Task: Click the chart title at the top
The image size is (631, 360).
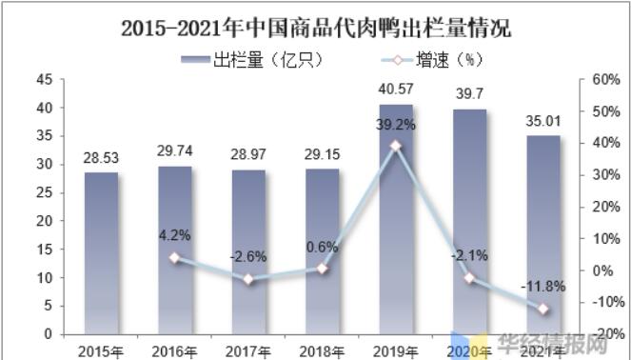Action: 316,28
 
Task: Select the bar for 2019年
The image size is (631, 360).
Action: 396,219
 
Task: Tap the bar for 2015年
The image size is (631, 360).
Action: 101,252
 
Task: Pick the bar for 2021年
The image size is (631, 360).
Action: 543,234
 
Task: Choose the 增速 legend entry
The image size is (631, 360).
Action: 432,59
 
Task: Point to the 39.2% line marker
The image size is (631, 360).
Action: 396,146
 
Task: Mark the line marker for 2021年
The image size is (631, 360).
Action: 543,309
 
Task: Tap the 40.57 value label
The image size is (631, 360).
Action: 396,92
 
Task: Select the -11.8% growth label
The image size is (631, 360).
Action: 543,285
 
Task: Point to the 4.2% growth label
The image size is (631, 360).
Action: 175,233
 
